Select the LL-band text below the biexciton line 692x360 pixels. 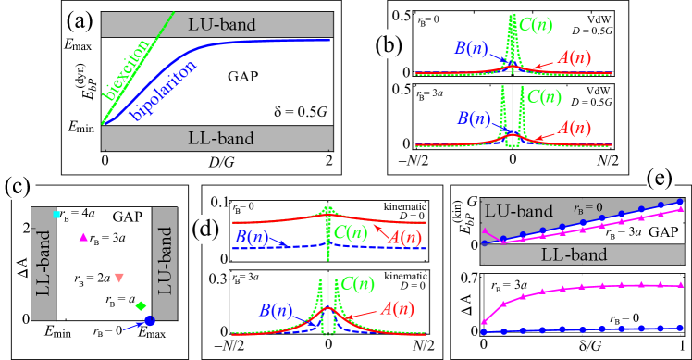216,139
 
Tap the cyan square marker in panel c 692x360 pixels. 56,215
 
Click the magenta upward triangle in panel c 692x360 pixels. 84,238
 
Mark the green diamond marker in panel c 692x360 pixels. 141,305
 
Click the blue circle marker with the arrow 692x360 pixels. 149,321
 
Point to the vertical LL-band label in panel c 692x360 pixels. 43,264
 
